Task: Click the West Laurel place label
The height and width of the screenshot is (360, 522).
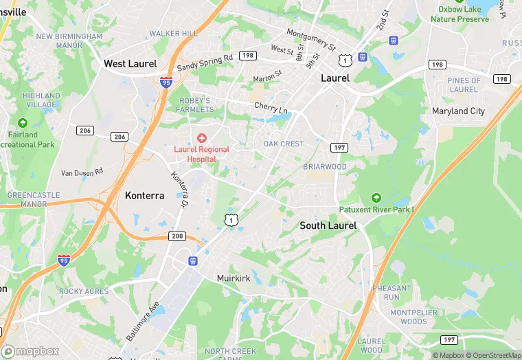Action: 130,64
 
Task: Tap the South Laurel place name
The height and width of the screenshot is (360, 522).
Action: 328,225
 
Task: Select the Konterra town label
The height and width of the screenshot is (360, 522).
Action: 144,196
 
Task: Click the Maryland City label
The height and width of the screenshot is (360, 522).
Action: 458,111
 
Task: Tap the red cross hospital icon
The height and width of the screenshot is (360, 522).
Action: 202,138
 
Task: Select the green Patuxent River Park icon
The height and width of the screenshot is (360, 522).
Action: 375,198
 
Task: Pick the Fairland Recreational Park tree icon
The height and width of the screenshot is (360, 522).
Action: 23,124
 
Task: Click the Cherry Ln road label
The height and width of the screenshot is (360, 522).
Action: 271,107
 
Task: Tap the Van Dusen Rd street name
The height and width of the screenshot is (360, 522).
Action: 82,172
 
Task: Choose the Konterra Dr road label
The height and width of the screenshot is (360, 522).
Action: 179,190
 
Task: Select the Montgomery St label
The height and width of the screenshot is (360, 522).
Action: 311,39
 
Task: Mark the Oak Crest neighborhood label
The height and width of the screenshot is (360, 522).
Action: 283,144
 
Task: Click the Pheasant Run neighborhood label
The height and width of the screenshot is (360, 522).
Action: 391,293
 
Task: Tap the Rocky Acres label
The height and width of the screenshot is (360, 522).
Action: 84,291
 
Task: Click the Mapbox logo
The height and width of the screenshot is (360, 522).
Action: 31,351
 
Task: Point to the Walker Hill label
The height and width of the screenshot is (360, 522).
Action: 173,34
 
